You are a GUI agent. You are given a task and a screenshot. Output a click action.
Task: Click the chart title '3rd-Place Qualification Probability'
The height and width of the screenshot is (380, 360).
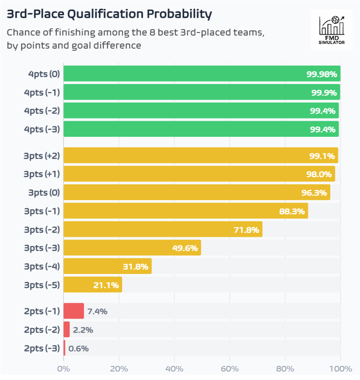pos(109,14)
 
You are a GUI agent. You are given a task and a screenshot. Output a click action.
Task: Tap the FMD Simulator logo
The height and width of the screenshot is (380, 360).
pos(331,30)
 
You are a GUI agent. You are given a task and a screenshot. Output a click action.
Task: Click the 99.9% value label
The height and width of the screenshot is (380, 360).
pos(324,92)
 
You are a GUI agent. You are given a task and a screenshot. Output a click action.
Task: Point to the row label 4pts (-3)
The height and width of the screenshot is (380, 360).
pos(42,129)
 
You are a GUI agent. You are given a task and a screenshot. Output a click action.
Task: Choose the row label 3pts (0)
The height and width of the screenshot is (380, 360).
pos(45,192)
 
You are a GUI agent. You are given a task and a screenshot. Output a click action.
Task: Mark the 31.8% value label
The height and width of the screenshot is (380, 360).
pos(135,266)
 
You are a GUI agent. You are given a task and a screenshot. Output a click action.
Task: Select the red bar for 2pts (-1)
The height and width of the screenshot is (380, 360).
pos(73,311)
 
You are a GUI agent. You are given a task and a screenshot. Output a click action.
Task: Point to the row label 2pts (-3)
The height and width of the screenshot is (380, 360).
pos(42,348)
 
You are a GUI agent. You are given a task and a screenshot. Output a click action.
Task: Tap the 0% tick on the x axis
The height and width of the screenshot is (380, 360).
pos(63,368)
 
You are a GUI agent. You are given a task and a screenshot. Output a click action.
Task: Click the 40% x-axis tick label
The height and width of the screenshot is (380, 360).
pos(174,368)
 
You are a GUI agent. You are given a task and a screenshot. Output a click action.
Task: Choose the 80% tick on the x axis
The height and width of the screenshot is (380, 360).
pos(285,368)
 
